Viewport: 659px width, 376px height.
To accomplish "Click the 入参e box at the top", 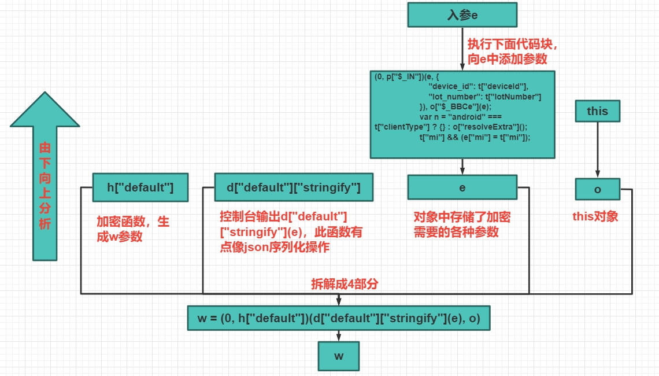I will pyautogui.click(x=462, y=15).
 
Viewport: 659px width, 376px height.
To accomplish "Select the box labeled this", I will pyautogui.click(x=597, y=111).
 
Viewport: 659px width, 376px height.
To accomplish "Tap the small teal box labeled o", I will pyautogui.click(x=597, y=189).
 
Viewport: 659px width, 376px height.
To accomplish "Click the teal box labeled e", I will pyautogui.click(x=462, y=188).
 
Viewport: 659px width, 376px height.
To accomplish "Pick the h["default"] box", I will pyautogui.click(x=140, y=188).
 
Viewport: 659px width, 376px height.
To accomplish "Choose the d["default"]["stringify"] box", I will pyautogui.click(x=293, y=188).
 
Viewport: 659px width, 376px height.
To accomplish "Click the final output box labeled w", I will pyautogui.click(x=339, y=356).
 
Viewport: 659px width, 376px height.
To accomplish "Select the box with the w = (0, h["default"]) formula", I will pyautogui.click(x=339, y=318).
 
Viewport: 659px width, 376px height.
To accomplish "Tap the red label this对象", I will pyautogui.click(x=595, y=216).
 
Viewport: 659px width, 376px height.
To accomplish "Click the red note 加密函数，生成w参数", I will pyautogui.click(x=133, y=229).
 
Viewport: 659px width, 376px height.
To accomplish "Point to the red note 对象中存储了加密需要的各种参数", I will pyautogui.click(x=462, y=224).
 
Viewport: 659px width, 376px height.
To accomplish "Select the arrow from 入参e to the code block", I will pyautogui.click(x=462, y=49).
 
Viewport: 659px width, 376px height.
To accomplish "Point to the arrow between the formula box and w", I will pyautogui.click(x=339, y=336).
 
